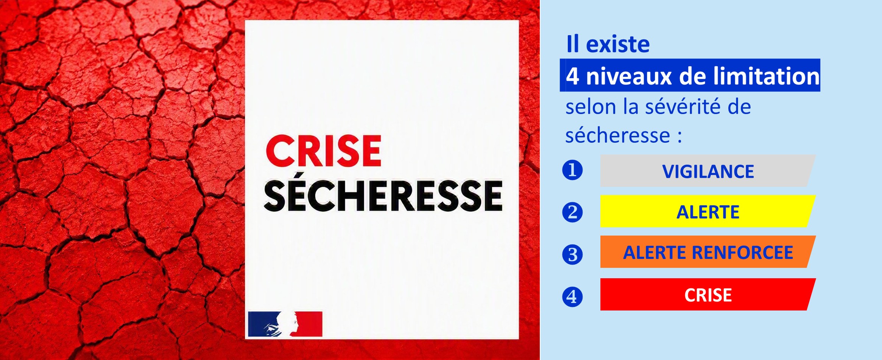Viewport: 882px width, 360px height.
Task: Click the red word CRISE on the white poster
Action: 324,151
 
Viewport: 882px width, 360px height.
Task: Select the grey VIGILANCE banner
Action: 708,170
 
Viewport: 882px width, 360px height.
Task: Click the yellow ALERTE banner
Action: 708,211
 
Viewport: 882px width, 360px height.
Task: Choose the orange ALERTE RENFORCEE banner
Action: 708,252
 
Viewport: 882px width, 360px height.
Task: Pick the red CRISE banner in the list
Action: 708,295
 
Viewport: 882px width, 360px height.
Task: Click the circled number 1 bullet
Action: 572,170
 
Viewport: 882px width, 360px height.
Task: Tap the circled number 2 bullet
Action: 572,212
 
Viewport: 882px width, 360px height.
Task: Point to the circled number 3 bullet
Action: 572,254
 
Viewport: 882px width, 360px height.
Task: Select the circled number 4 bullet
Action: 572,296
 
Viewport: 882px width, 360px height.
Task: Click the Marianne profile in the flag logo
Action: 288,324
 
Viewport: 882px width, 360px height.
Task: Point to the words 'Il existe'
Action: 608,44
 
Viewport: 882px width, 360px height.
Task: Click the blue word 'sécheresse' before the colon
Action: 617,135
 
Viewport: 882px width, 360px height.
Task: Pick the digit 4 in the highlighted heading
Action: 572,76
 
